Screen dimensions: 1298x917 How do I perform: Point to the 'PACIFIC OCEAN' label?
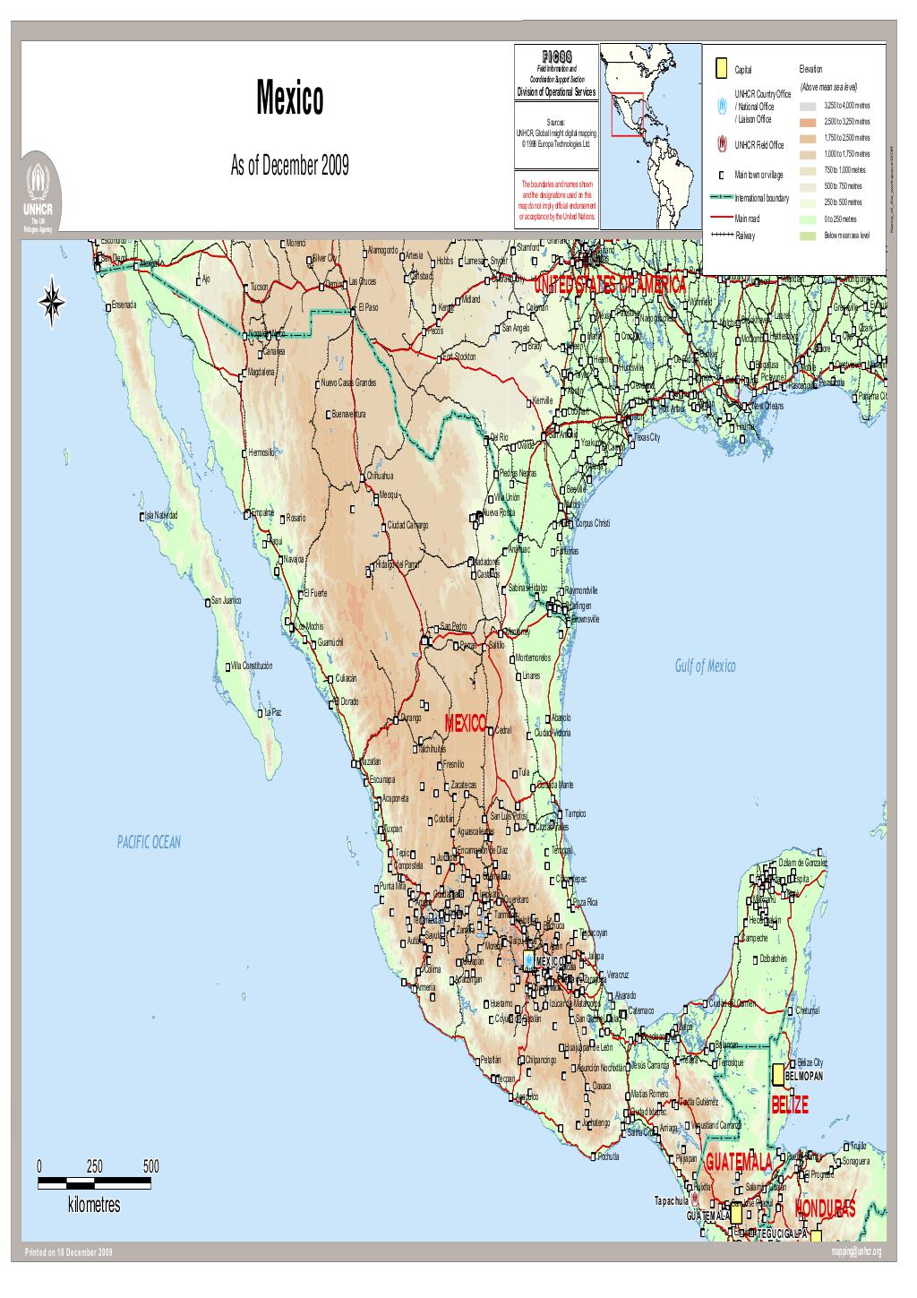point(149,841)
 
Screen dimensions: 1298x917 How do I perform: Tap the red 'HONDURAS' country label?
point(825,1208)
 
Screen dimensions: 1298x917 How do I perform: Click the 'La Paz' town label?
point(272,713)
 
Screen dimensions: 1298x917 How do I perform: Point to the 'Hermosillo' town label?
point(266,452)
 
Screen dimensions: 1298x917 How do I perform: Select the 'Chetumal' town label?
point(808,1011)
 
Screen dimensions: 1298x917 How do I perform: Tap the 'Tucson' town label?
point(259,288)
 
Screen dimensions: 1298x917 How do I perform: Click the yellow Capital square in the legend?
point(721,69)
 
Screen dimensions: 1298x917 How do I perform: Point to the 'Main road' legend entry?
point(747,219)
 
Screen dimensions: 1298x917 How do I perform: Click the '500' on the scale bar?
point(150,1166)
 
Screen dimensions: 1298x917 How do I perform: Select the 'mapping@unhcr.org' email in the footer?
point(856,1251)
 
